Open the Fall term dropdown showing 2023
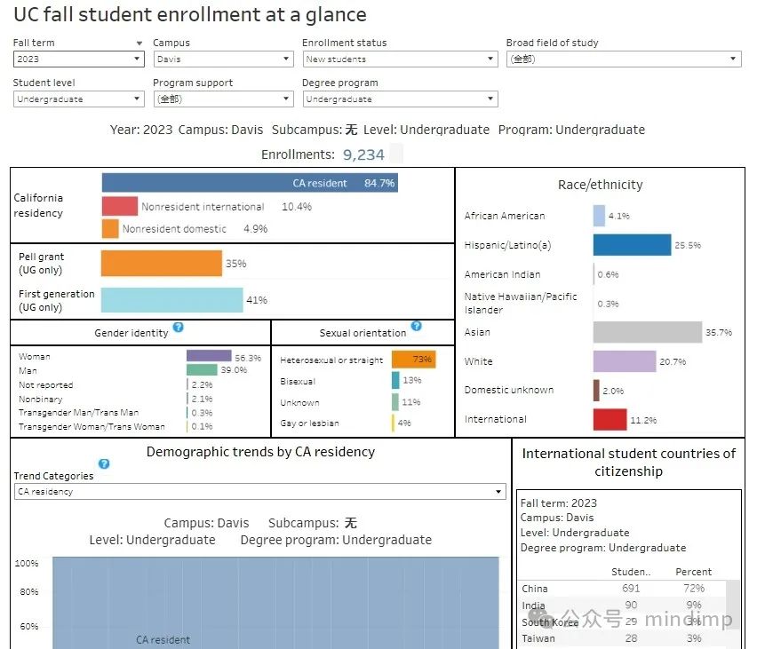click(78, 59)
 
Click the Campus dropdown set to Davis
click(222, 59)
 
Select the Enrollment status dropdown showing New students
click(399, 59)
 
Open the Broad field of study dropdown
click(623, 59)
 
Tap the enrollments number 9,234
click(363, 154)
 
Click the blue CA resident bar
click(249, 183)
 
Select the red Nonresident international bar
click(119, 206)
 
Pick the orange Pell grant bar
click(161, 263)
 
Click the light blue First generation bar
click(171, 300)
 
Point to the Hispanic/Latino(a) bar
click(632, 245)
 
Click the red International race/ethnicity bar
click(610, 420)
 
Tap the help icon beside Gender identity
click(179, 328)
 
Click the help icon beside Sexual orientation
click(417, 327)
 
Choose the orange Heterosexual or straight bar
click(413, 360)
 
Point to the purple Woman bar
click(209, 356)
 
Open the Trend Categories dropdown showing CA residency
click(259, 492)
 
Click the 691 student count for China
click(630, 589)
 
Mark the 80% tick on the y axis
click(27, 592)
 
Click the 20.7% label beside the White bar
click(673, 362)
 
